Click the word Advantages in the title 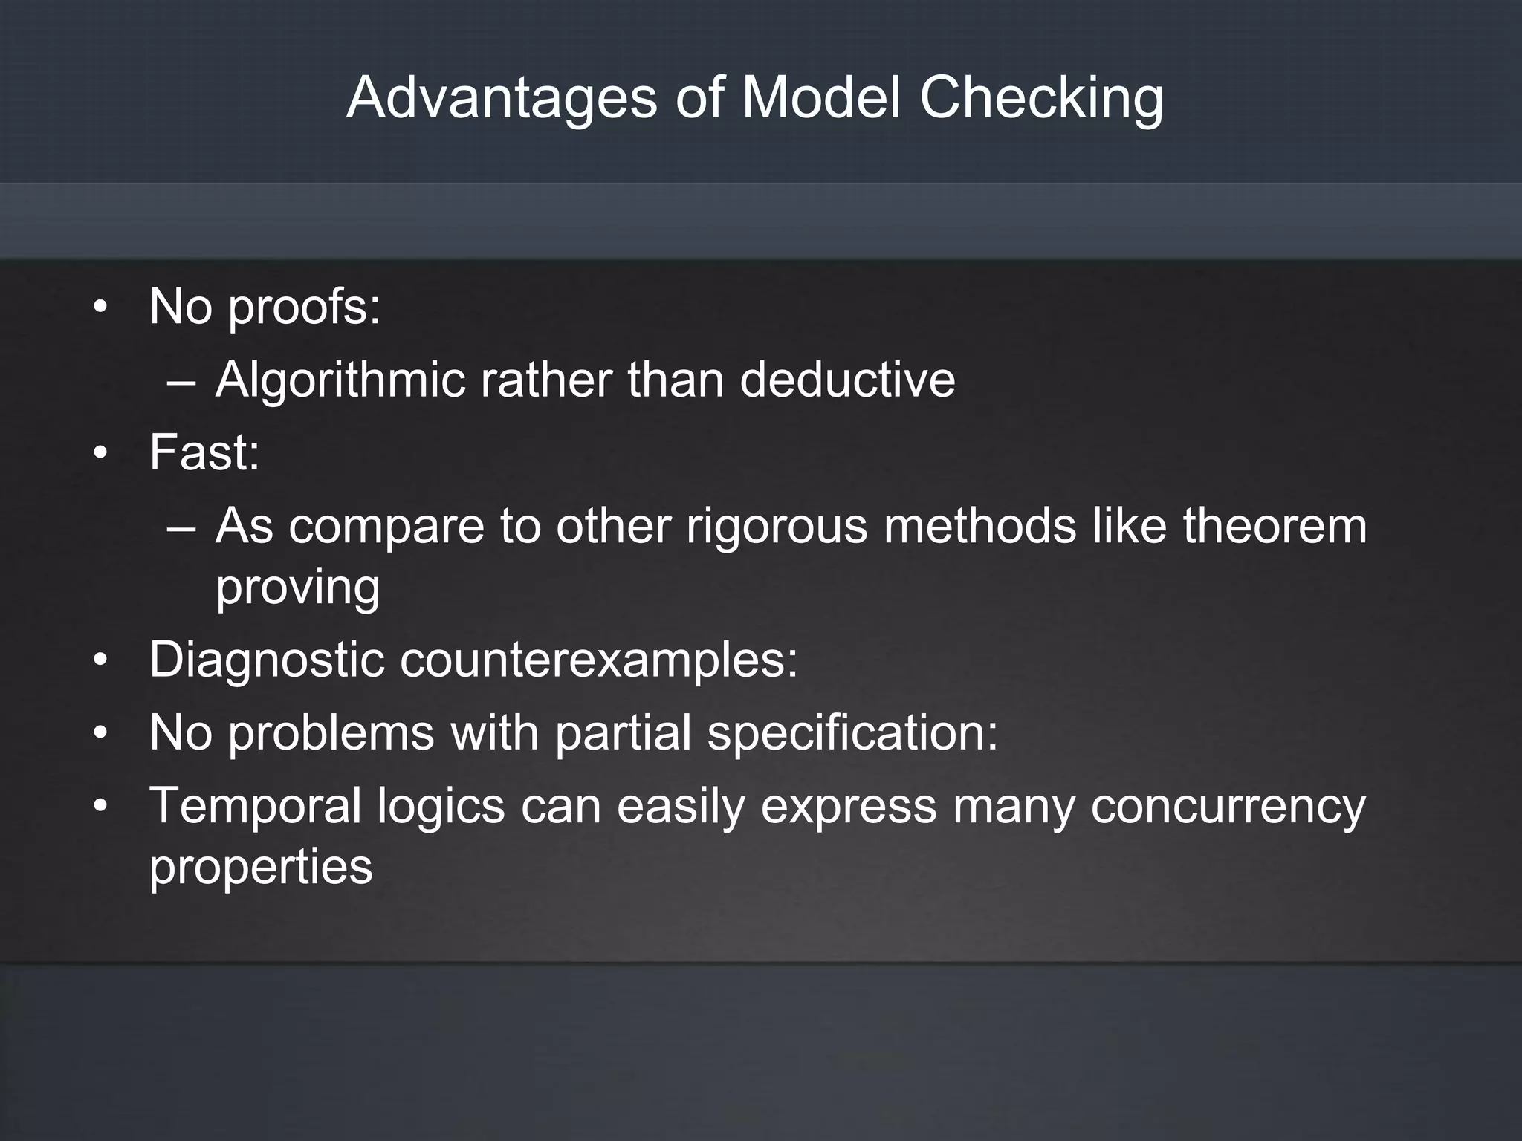click(x=502, y=98)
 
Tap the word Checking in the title click(x=1041, y=98)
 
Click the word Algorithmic click(x=340, y=380)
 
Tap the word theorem click(x=1275, y=526)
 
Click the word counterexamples click(x=598, y=660)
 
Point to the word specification click(x=852, y=732)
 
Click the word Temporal click(x=255, y=805)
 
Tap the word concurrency click(x=1228, y=807)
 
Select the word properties click(x=261, y=866)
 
